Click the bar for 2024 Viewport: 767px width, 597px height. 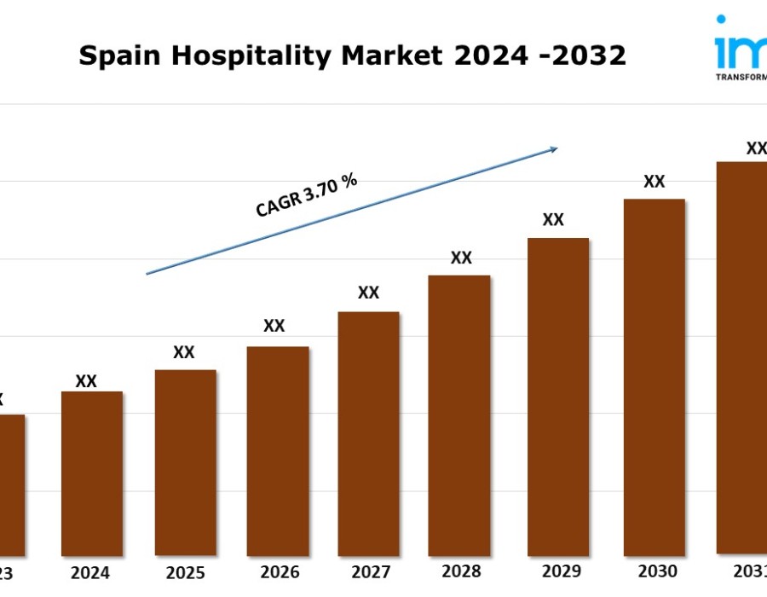point(92,473)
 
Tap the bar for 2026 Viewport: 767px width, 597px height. point(278,450)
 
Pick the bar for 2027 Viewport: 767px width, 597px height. point(368,433)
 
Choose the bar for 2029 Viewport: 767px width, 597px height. point(558,397)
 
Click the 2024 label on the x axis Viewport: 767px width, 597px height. point(90,572)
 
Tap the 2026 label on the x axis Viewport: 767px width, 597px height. point(277,572)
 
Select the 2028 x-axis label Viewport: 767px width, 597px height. point(462,571)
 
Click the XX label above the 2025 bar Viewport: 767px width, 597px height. point(184,352)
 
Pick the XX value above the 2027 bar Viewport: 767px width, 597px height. point(368,293)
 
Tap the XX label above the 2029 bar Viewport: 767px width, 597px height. point(553,220)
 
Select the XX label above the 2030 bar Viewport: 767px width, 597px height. point(654,182)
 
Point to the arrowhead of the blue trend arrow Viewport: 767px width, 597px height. point(553,149)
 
